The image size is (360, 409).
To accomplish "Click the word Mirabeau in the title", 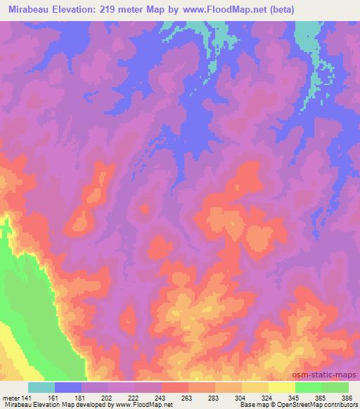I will click(32, 9).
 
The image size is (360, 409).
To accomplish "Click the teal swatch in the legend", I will click(41, 387).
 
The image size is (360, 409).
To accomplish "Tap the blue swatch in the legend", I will click(68, 387).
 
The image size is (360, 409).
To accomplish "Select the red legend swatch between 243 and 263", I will click(175, 387).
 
